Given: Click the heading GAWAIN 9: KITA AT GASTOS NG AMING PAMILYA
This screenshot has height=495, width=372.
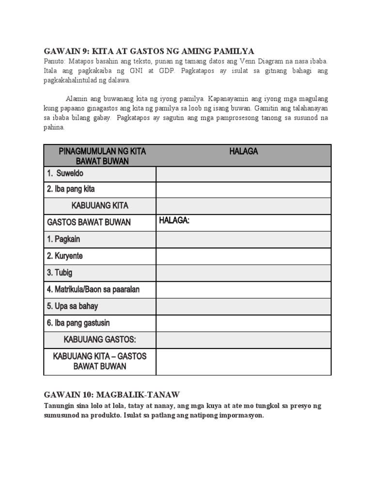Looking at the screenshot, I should (x=149, y=51).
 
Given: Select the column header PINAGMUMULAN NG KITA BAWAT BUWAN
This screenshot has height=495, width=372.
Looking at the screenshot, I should (x=102, y=156).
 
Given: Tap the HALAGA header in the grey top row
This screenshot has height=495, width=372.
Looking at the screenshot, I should (x=243, y=151).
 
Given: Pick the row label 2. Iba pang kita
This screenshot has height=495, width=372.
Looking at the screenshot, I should (x=71, y=189).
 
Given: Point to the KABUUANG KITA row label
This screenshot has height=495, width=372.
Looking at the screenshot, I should (x=100, y=205).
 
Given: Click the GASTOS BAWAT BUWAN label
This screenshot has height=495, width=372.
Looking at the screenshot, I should (x=89, y=222).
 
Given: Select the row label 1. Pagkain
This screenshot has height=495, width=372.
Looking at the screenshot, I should (x=63, y=239).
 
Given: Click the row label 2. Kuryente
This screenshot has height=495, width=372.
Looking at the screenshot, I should (x=66, y=256).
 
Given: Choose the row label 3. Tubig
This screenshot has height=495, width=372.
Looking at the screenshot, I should (x=60, y=273).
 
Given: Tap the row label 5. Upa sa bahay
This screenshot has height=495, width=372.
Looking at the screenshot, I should (x=72, y=306).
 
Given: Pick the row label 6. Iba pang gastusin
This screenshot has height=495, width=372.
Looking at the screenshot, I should (x=78, y=322).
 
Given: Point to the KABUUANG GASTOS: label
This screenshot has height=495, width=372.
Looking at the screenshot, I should (x=100, y=339).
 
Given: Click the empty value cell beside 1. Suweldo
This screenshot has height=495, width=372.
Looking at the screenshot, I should (x=243, y=174).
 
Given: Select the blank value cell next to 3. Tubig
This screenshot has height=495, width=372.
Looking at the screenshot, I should (x=243, y=273).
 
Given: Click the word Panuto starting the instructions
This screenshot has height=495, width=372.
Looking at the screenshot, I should (x=55, y=62).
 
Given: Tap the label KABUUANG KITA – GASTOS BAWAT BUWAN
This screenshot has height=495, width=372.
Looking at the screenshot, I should (x=100, y=361).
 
